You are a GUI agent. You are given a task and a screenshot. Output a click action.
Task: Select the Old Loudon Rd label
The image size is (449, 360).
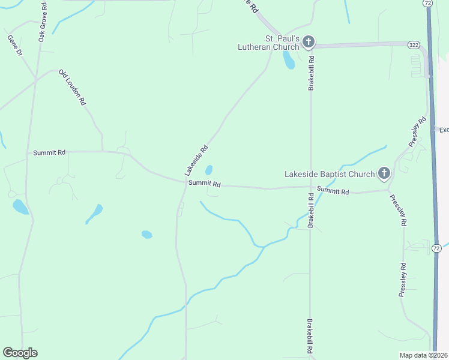click(x=72, y=88)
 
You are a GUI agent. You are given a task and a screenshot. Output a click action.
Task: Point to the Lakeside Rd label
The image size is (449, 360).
click(x=196, y=160)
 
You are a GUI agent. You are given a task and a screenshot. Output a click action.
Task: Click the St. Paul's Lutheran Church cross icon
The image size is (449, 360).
click(x=309, y=42)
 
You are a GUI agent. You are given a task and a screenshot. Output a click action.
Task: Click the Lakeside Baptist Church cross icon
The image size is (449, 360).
click(x=384, y=174)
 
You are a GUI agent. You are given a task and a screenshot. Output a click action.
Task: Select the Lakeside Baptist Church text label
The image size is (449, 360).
click(x=329, y=175)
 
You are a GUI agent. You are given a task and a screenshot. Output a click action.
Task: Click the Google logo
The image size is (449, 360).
click(x=20, y=353)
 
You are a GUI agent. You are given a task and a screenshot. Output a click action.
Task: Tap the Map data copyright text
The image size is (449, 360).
click(x=423, y=355)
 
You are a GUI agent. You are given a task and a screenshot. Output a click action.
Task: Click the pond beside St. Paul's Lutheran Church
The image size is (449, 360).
click(x=289, y=59)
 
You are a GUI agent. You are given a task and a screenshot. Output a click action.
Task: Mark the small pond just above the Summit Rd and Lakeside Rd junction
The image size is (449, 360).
click(x=209, y=170)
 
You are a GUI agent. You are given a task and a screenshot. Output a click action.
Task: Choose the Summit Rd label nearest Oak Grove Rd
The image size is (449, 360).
click(x=49, y=153)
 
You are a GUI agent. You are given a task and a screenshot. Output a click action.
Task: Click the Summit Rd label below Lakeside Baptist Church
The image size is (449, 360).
click(x=333, y=191)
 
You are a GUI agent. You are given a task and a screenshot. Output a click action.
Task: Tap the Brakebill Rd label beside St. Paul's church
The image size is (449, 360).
click(x=312, y=73)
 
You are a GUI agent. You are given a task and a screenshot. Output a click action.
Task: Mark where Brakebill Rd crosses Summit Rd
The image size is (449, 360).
click(x=310, y=187)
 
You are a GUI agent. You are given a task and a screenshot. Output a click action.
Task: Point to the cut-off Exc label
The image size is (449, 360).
click(x=444, y=130)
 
